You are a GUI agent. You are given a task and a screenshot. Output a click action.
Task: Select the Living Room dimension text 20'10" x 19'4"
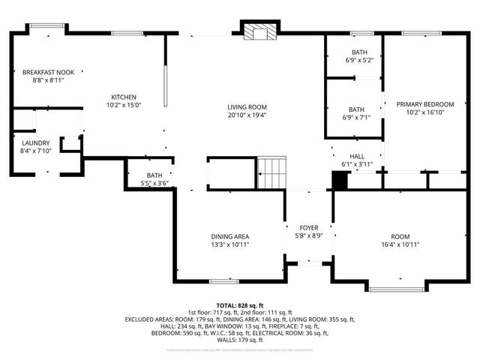(247, 115)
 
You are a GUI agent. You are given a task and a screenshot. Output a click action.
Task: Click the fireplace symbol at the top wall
(259, 31)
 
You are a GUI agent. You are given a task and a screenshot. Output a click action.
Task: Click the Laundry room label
(35, 142)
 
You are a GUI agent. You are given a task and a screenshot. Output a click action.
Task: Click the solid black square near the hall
(340, 181)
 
